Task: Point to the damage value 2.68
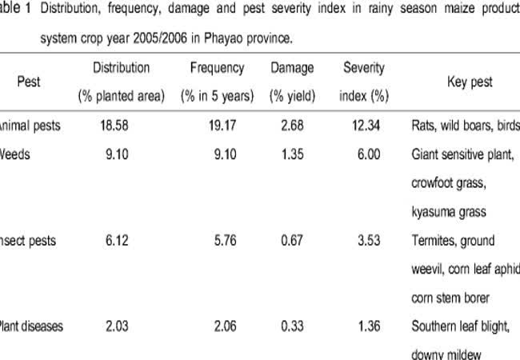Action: coord(292,125)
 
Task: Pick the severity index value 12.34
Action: coord(365,125)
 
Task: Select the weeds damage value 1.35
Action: coord(292,155)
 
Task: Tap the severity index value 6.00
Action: coord(365,155)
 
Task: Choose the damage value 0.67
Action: coord(292,241)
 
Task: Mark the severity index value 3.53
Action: coord(365,241)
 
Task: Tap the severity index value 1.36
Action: coord(365,326)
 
